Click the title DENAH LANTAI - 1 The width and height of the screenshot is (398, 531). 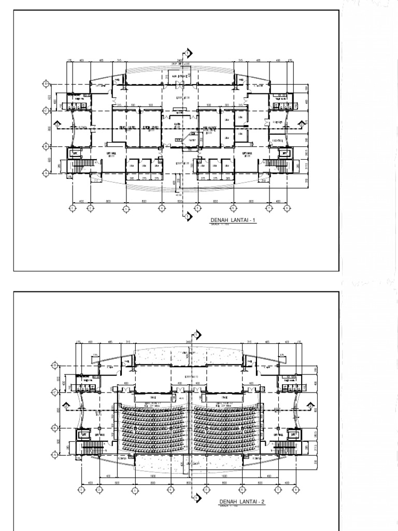pos(233,220)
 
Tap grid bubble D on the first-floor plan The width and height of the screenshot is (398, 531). pos(46,83)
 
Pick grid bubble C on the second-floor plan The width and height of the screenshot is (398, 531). pos(55,393)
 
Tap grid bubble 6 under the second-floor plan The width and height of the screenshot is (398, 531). pos(241,489)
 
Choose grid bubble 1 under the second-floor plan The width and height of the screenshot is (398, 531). pos(81,489)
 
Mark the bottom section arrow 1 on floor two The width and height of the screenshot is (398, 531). pos(198,498)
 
